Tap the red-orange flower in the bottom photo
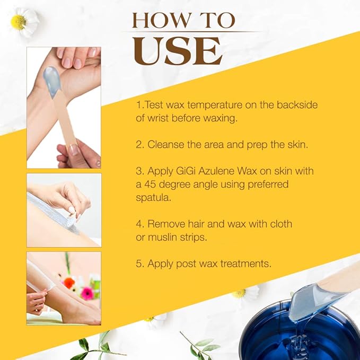click(69, 283)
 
